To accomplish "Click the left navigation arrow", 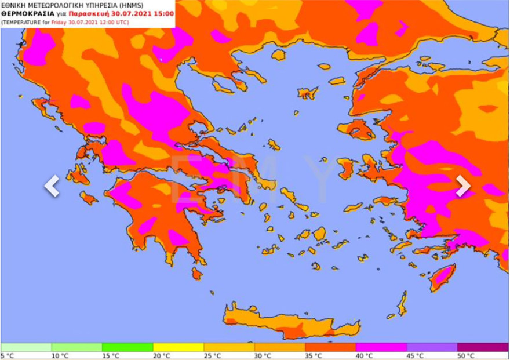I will [52, 186].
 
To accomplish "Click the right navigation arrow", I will [463, 186].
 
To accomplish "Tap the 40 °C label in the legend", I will [365, 355].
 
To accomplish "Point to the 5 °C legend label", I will [8, 355].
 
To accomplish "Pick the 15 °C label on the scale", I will [111, 355].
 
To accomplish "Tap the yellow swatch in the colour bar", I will [177, 347].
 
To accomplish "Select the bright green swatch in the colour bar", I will [127, 347].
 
